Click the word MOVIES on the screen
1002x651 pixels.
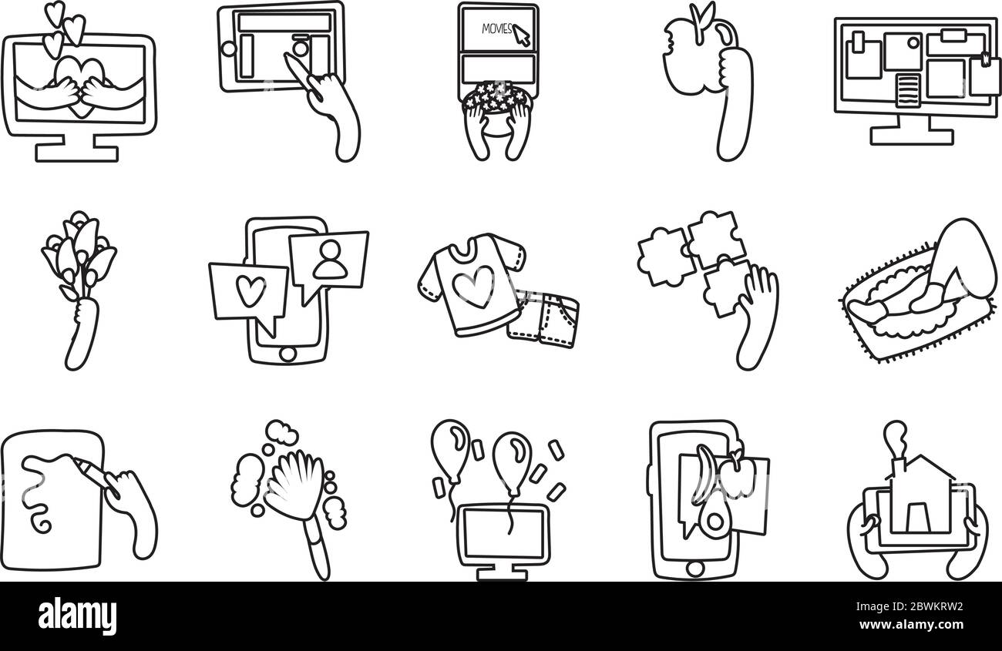point(496,29)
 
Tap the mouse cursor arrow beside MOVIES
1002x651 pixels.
point(522,35)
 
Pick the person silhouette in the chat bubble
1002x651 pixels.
point(330,260)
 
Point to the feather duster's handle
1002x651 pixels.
point(318,549)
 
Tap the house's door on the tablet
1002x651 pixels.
point(916,517)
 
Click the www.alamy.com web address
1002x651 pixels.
point(911,624)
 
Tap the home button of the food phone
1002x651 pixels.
point(694,569)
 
